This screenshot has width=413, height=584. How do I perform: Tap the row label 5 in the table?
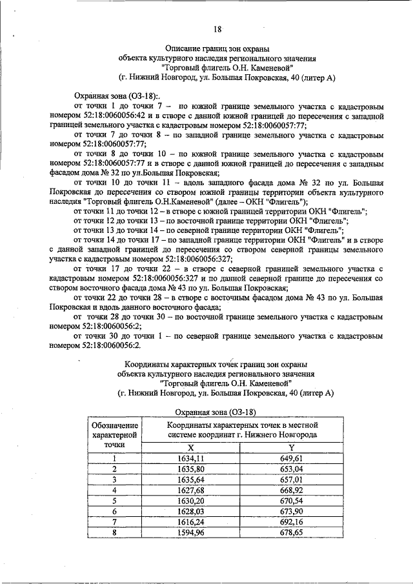pos(114,499)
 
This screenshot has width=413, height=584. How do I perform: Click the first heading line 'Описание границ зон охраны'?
pos(217,48)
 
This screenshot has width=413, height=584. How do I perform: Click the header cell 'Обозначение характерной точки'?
pos(114,435)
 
